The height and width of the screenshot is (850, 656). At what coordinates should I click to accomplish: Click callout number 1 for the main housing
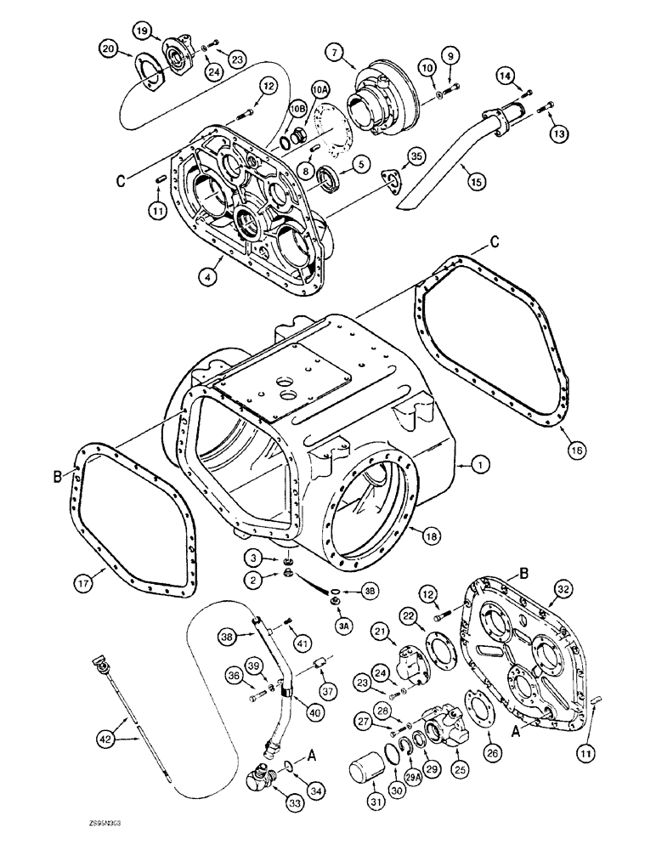(481, 465)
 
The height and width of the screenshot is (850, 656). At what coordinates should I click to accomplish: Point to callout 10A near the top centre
(320, 88)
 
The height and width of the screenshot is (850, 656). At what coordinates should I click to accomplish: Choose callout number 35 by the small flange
(416, 155)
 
